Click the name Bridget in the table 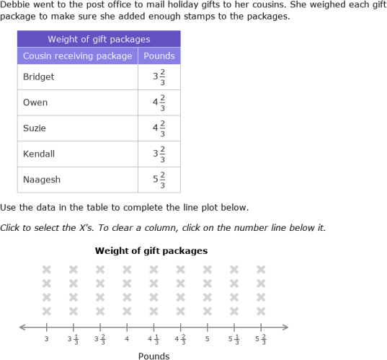click(x=39, y=76)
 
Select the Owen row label click(x=35, y=102)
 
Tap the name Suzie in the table click(x=35, y=128)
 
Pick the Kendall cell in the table click(x=39, y=154)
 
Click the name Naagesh click(x=41, y=180)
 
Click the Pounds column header click(x=159, y=56)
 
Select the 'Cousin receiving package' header click(x=78, y=56)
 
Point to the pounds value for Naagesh click(x=159, y=180)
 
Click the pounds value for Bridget click(x=159, y=76)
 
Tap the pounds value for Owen click(x=159, y=102)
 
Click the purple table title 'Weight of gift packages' click(x=99, y=39)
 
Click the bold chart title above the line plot click(x=151, y=251)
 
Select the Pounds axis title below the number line click(x=154, y=356)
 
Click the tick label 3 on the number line click(x=47, y=338)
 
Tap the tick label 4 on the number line click(x=127, y=338)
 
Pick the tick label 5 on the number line click(x=208, y=338)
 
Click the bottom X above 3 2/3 click(x=100, y=311)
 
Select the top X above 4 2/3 click(x=180, y=270)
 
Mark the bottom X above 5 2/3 click(x=261, y=311)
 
